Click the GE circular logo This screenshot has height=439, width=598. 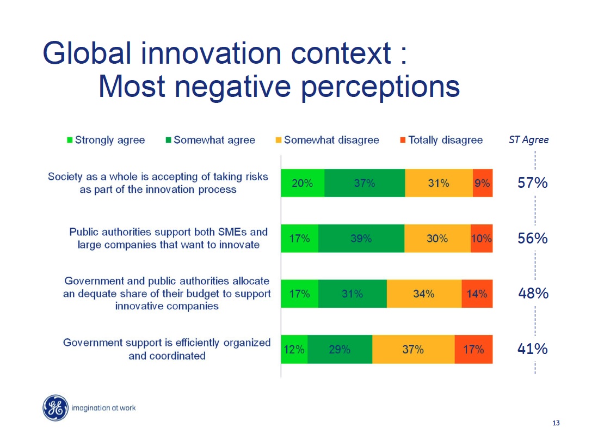tap(56, 408)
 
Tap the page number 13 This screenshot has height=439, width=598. tap(556, 424)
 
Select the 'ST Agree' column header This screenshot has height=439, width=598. tap(528, 140)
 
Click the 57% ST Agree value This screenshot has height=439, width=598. tap(532, 183)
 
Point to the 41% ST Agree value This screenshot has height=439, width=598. tap(532, 349)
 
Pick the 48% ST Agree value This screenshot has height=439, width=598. tap(533, 294)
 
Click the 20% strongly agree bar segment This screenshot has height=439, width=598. tap(303, 183)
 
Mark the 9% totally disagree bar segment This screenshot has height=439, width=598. tap(482, 183)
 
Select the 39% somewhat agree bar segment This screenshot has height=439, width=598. tap(361, 239)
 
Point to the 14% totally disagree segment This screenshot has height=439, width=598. tap(477, 294)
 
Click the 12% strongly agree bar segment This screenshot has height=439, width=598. tap(294, 349)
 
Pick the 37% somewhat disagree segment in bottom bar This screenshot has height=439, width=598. tap(413, 349)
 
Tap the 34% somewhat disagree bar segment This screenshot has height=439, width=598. tap(424, 294)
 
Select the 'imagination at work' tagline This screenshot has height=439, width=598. tap(103, 408)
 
